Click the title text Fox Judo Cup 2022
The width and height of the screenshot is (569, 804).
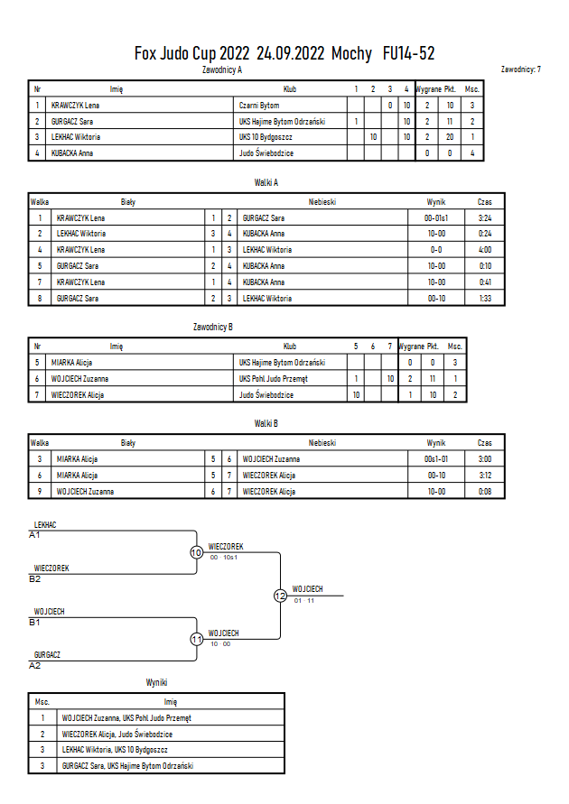coord(191,53)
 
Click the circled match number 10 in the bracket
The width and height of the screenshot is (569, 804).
coord(197,552)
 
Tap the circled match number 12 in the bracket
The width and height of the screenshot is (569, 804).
coord(280,596)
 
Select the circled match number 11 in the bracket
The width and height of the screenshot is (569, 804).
coord(197,639)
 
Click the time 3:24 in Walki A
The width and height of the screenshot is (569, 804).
coord(485,218)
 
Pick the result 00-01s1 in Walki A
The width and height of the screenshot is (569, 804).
coord(436,218)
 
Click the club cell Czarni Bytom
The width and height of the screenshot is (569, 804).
coord(259,106)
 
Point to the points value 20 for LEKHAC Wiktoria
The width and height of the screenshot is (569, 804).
coord(450,137)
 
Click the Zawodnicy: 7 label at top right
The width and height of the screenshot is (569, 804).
coord(521,69)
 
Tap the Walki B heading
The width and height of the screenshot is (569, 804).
coord(266,423)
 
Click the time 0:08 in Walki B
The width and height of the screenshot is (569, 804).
coord(485,491)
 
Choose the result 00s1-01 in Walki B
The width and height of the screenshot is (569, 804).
coord(436,459)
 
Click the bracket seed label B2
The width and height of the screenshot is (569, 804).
coord(35,579)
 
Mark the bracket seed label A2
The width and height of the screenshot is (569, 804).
coord(35,666)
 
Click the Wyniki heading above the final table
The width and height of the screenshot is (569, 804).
coord(156,682)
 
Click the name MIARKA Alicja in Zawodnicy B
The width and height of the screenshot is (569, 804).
coord(72,363)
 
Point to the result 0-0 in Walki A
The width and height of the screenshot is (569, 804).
coord(436,250)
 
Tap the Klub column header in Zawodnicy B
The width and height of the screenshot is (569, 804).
coord(290,347)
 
